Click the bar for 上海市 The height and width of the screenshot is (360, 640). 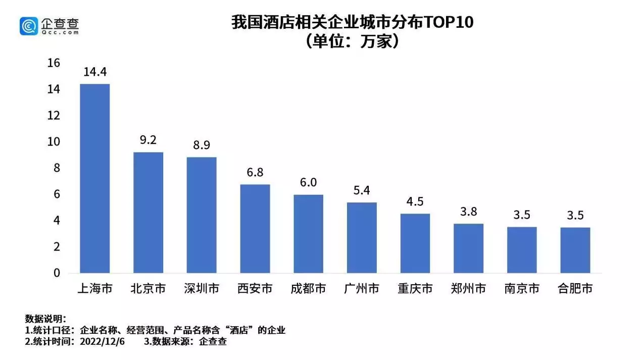(95, 178)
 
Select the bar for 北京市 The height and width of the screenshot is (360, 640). (148, 213)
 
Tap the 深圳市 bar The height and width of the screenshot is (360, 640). (202, 215)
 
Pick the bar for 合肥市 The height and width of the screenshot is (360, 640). (575, 250)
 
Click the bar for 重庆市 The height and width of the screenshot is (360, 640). (415, 243)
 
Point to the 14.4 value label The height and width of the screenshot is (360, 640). (94, 72)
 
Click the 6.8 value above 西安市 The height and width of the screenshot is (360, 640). (255, 172)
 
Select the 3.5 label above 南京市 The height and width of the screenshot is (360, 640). (522, 215)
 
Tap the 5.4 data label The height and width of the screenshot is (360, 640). (361, 190)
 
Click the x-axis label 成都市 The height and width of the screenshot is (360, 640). (308, 289)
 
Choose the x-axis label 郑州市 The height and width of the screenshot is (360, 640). (468, 289)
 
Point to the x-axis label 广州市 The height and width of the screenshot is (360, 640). (361, 289)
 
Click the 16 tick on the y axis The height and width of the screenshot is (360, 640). (54, 63)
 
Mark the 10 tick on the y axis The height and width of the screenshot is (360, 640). (54, 142)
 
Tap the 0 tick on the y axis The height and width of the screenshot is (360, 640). (57, 273)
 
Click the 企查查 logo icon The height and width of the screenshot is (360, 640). (29, 26)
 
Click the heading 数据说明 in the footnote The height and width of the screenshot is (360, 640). (44, 319)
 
